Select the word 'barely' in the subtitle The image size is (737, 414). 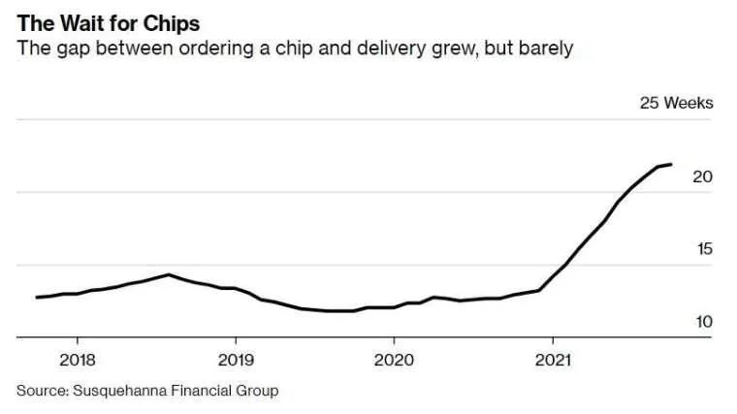(x=548, y=48)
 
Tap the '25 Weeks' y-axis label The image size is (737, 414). (x=675, y=103)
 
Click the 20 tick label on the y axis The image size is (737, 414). (x=703, y=176)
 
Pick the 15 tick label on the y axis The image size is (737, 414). (x=703, y=249)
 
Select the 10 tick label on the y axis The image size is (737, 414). (x=703, y=322)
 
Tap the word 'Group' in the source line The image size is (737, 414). (x=258, y=391)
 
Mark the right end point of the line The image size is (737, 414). (x=671, y=164)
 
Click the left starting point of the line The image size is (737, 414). (x=37, y=297)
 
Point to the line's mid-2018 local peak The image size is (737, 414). (x=169, y=274)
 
